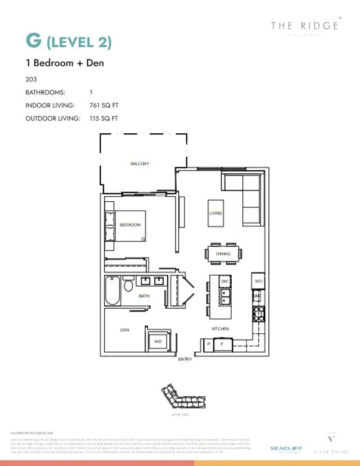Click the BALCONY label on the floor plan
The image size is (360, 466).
point(139,164)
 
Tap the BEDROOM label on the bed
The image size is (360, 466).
point(130,225)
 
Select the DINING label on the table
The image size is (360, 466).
point(223,254)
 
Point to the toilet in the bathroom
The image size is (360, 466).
point(129,286)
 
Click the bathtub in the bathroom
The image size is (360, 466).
point(111,290)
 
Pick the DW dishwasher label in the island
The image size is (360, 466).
point(224,280)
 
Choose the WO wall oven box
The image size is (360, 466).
point(258,280)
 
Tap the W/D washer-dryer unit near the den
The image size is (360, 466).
point(157,341)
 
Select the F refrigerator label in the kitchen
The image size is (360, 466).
point(222,343)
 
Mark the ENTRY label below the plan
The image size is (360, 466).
point(184,359)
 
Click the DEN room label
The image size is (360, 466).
point(125,330)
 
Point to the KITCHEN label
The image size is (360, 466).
point(220,329)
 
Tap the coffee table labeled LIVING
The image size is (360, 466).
point(215,213)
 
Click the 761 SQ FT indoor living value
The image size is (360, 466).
point(104,105)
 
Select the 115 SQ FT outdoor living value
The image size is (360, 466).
point(103,119)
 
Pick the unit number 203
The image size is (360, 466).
point(31,79)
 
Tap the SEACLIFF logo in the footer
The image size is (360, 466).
point(286,448)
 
